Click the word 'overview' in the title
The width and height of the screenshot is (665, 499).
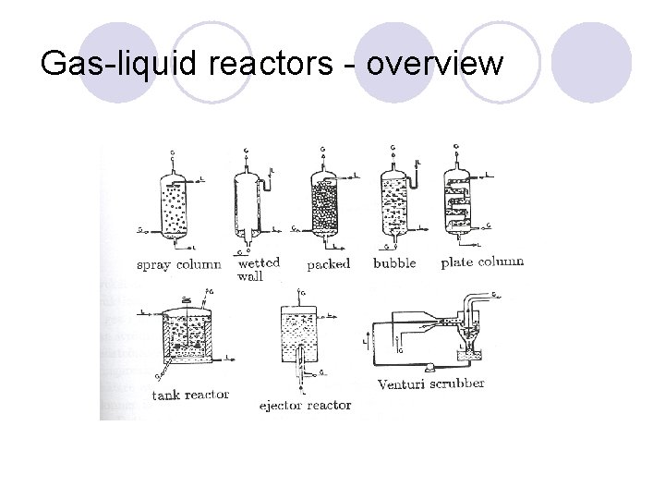435,65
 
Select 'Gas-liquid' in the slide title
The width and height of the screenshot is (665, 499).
104,65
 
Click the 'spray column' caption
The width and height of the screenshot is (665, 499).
178,265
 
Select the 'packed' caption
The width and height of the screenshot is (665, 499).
328,264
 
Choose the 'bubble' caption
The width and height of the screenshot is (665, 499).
394,263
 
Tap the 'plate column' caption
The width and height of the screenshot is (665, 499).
482,262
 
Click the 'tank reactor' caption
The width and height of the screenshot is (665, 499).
190,396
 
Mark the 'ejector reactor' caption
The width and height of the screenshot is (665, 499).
304,405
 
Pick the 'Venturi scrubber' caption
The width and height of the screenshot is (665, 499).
430,383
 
